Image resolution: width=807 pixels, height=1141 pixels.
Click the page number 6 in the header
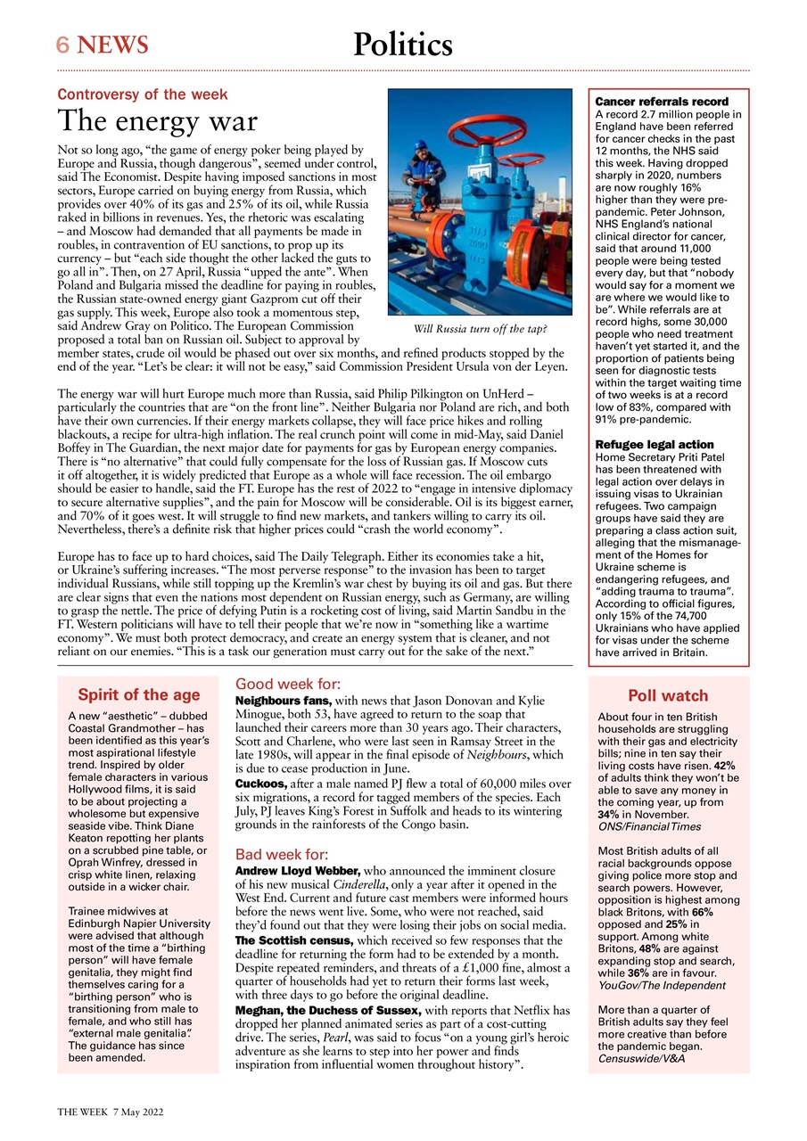63,45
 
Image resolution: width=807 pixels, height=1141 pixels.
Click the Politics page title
402,44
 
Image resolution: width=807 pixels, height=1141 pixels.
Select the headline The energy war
157,121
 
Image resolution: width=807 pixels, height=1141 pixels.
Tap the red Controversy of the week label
143,94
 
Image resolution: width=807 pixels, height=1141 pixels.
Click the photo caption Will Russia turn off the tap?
480,329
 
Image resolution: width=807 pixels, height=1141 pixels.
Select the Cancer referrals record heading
662,103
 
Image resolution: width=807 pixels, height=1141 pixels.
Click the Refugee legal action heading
654,444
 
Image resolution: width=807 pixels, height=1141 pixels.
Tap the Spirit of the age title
138,695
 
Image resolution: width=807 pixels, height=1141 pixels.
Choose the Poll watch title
668,696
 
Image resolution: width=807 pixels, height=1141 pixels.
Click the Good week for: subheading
287,685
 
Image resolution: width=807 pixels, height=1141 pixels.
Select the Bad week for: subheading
282,854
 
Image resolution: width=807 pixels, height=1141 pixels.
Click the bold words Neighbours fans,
283,702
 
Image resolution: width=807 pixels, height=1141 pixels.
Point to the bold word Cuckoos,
259,782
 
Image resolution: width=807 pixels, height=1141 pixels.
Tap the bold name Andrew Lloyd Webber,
296,871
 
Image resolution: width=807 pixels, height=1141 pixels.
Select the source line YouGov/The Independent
662,986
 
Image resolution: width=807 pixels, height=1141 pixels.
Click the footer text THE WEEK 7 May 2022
110,1112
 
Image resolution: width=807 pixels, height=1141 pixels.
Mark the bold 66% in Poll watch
702,913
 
